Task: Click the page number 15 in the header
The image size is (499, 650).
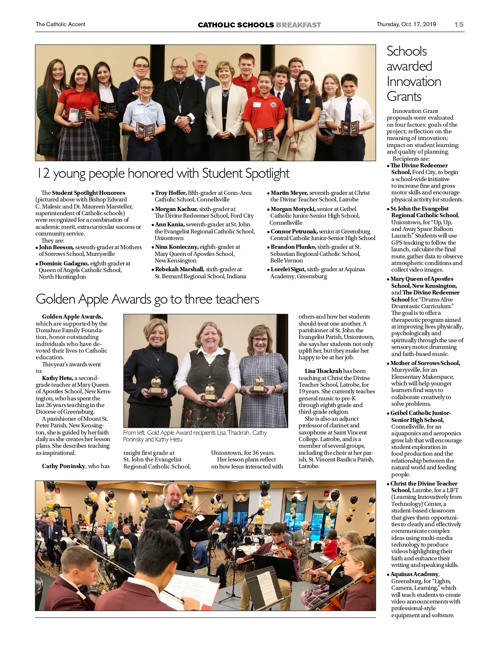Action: coord(459,25)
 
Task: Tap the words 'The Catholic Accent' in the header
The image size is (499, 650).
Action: coord(60,25)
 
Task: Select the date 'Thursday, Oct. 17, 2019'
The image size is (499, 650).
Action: coord(406,24)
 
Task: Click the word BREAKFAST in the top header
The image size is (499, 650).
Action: coord(298,25)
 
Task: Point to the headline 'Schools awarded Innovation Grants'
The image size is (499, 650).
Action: coord(414,74)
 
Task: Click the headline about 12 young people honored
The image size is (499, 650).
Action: coord(163,173)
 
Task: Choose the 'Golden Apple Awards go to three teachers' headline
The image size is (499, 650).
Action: coord(147,299)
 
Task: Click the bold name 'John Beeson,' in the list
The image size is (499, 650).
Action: coord(56,247)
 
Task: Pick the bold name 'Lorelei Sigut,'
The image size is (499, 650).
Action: coord(288,269)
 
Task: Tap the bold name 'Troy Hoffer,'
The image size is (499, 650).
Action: coord(170,193)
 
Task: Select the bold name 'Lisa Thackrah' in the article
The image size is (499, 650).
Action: coord(323,371)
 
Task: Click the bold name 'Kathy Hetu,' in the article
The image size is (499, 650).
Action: coord(57,378)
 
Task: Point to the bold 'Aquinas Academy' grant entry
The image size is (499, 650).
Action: coord(414,574)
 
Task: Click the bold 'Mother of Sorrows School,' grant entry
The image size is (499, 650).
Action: coord(425,363)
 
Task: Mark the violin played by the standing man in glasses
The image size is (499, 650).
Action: coord(187,515)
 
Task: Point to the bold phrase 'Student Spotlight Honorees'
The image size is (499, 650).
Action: coord(88,193)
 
